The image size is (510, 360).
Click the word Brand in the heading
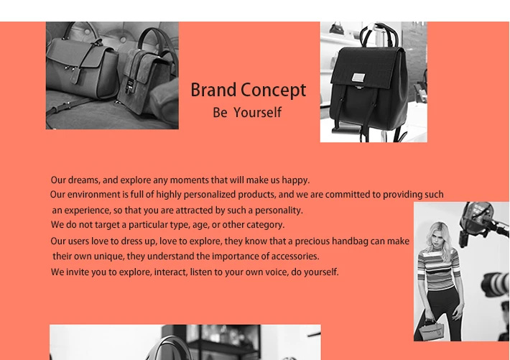[213, 90]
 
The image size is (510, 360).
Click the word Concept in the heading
[274, 91]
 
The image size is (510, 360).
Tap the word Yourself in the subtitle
[258, 113]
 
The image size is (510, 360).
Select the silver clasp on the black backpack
[358, 78]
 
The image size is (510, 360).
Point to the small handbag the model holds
[431, 330]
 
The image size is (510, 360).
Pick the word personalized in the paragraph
[210, 195]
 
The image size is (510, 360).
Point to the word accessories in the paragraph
[295, 256]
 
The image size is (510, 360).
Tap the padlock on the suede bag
[129, 86]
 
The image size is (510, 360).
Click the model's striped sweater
[438, 269]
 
